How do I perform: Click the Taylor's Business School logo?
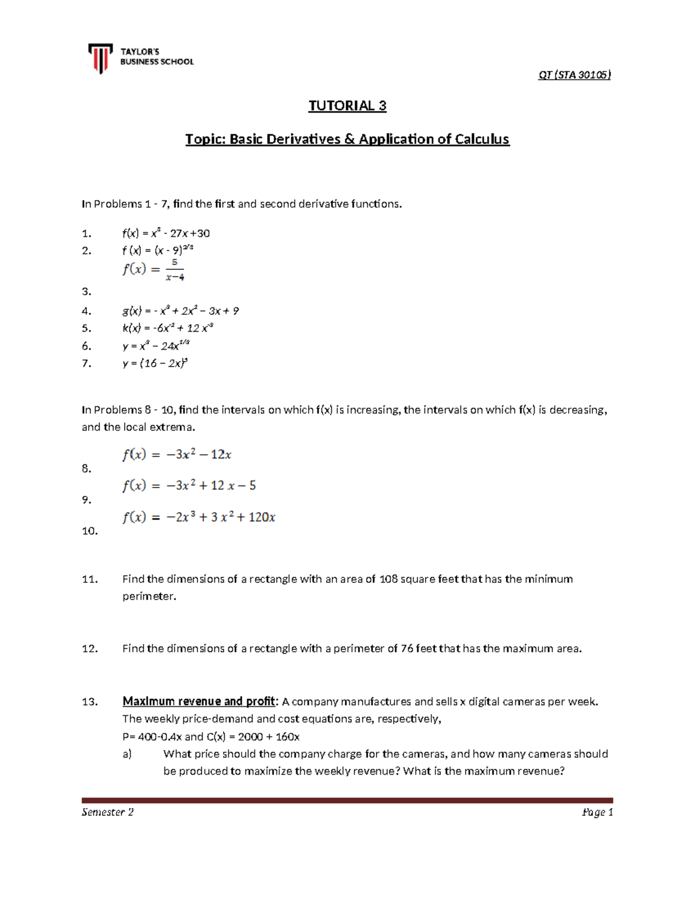click(141, 58)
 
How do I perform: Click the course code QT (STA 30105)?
click(574, 75)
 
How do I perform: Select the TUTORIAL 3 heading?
click(347, 105)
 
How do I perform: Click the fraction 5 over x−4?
click(174, 270)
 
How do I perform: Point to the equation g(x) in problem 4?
click(180, 311)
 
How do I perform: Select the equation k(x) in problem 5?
click(168, 328)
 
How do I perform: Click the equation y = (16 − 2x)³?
click(155, 364)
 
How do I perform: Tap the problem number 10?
click(90, 531)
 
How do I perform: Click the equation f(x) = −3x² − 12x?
click(177, 454)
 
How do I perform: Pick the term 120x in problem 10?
click(262, 517)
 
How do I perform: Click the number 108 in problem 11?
click(388, 579)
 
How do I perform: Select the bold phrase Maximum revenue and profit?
click(199, 702)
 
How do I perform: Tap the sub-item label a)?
click(127, 754)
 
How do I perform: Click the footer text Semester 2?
click(108, 812)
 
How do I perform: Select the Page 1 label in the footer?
click(597, 812)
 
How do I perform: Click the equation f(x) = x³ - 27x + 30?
click(166, 233)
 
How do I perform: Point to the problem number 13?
click(90, 702)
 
